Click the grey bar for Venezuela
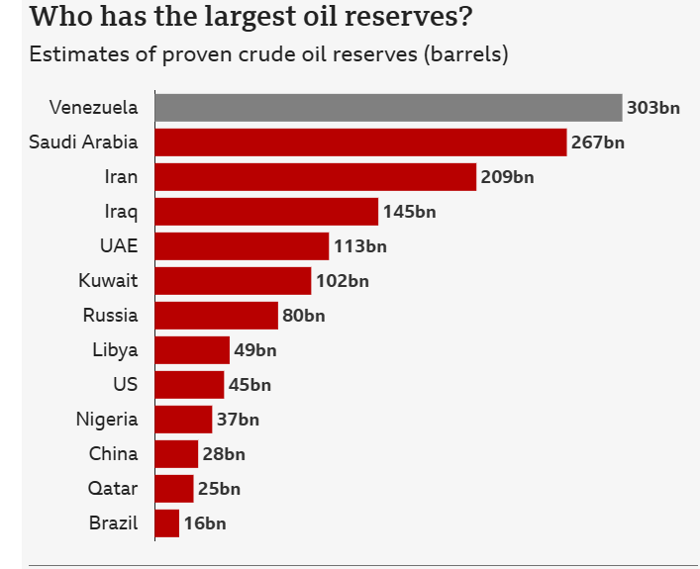388,108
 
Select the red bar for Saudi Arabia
360,142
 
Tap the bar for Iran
316,177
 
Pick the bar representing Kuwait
233,281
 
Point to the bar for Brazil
167,523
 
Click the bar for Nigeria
183,420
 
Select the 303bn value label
653,108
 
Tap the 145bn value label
409,212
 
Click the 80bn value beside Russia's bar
303,316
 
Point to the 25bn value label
219,489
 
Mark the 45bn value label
250,385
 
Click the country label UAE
119,246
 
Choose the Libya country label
115,350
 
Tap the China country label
114,454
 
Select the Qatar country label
114,489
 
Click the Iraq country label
121,212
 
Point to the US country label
126,385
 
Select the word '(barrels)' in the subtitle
465,54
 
